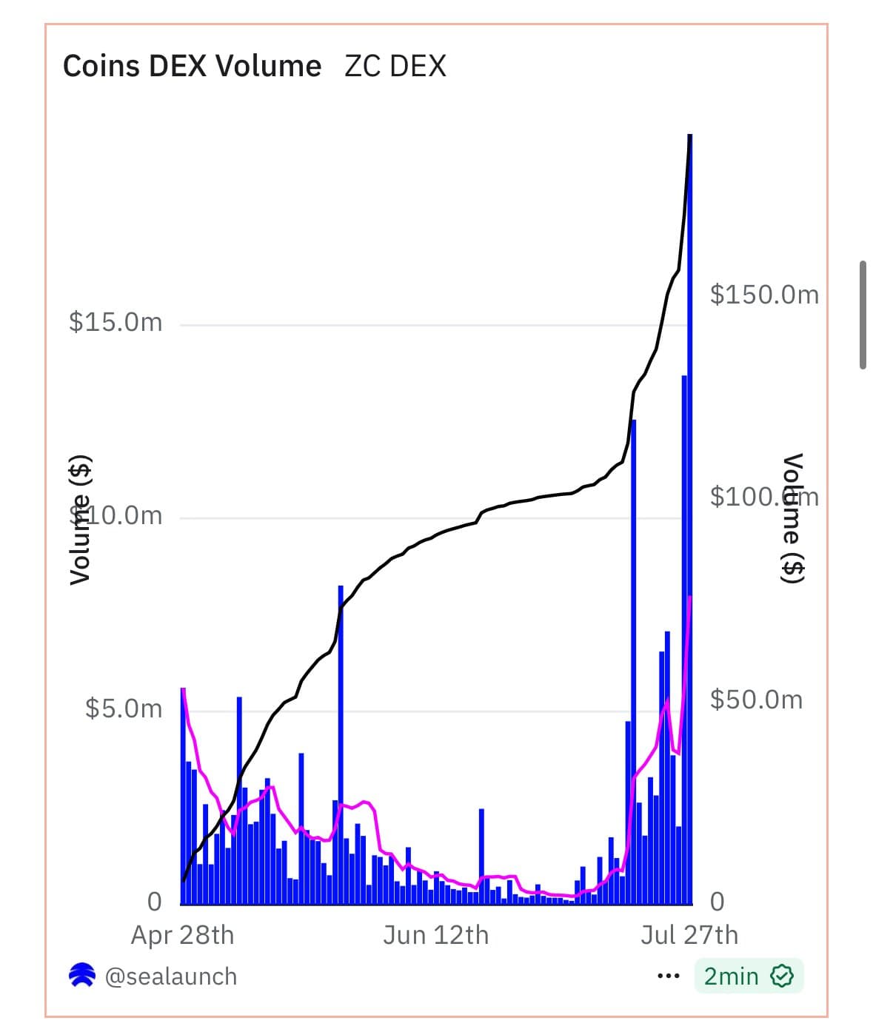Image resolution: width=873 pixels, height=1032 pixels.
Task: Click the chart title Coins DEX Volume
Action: [192, 66]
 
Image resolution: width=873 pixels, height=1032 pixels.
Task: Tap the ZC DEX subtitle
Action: [395, 66]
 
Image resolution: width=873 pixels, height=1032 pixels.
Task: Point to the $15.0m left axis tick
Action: [116, 322]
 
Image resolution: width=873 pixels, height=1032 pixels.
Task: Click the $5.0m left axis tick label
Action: [124, 708]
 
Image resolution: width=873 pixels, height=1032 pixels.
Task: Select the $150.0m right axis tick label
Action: [764, 295]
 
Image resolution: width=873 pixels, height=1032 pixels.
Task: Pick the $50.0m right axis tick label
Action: [756, 700]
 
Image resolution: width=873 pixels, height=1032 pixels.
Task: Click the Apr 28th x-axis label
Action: [182, 935]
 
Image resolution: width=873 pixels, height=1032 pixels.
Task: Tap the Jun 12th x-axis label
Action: [435, 935]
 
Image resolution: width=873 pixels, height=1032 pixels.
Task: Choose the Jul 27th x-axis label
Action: [689, 935]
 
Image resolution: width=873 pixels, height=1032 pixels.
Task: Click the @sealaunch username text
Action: [171, 976]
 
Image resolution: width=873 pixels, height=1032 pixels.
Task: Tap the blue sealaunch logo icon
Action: [81, 976]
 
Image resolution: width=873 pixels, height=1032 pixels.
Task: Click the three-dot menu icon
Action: [668, 976]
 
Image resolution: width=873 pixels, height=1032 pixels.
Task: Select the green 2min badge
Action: [748, 976]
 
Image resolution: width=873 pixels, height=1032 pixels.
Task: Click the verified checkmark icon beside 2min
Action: [782, 976]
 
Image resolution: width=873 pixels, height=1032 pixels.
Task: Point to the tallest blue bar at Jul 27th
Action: [690, 518]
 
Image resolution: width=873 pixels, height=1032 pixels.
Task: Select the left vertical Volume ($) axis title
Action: [80, 520]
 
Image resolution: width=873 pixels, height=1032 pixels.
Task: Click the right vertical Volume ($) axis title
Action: [794, 518]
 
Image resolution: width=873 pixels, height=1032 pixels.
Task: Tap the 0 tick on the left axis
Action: [154, 902]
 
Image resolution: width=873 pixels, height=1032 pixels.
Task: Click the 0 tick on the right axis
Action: [717, 902]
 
